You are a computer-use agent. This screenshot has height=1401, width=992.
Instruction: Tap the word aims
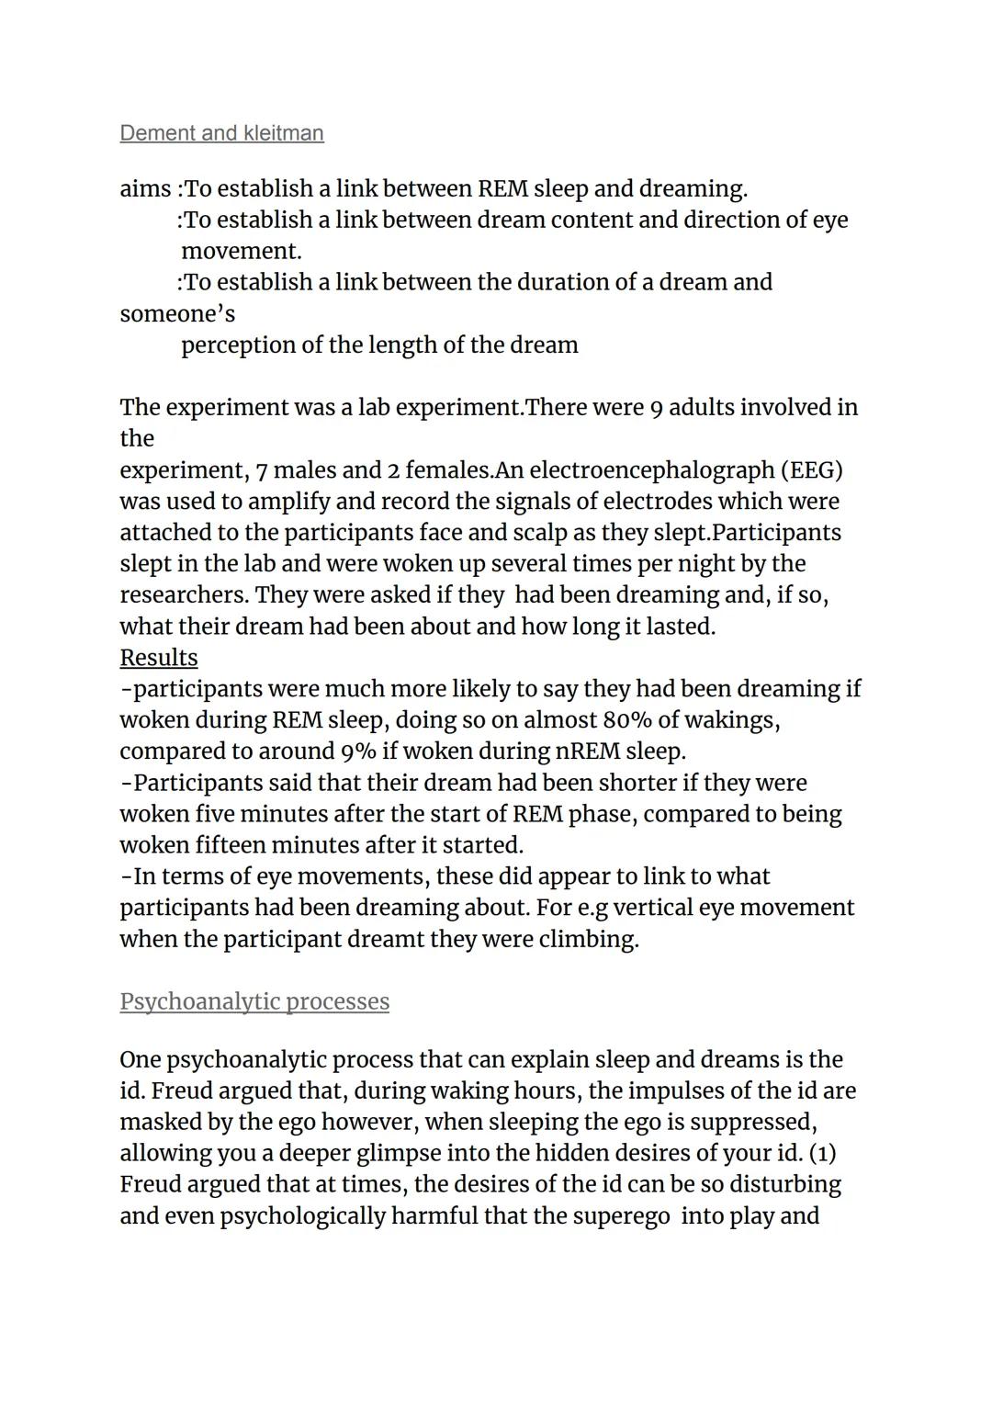(x=144, y=189)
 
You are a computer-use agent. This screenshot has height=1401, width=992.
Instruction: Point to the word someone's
(x=177, y=314)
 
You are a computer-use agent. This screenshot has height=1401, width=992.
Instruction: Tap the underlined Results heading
(x=158, y=658)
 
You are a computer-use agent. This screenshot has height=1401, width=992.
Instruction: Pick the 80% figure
(x=627, y=720)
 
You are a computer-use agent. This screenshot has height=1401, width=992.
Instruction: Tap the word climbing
(x=588, y=940)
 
